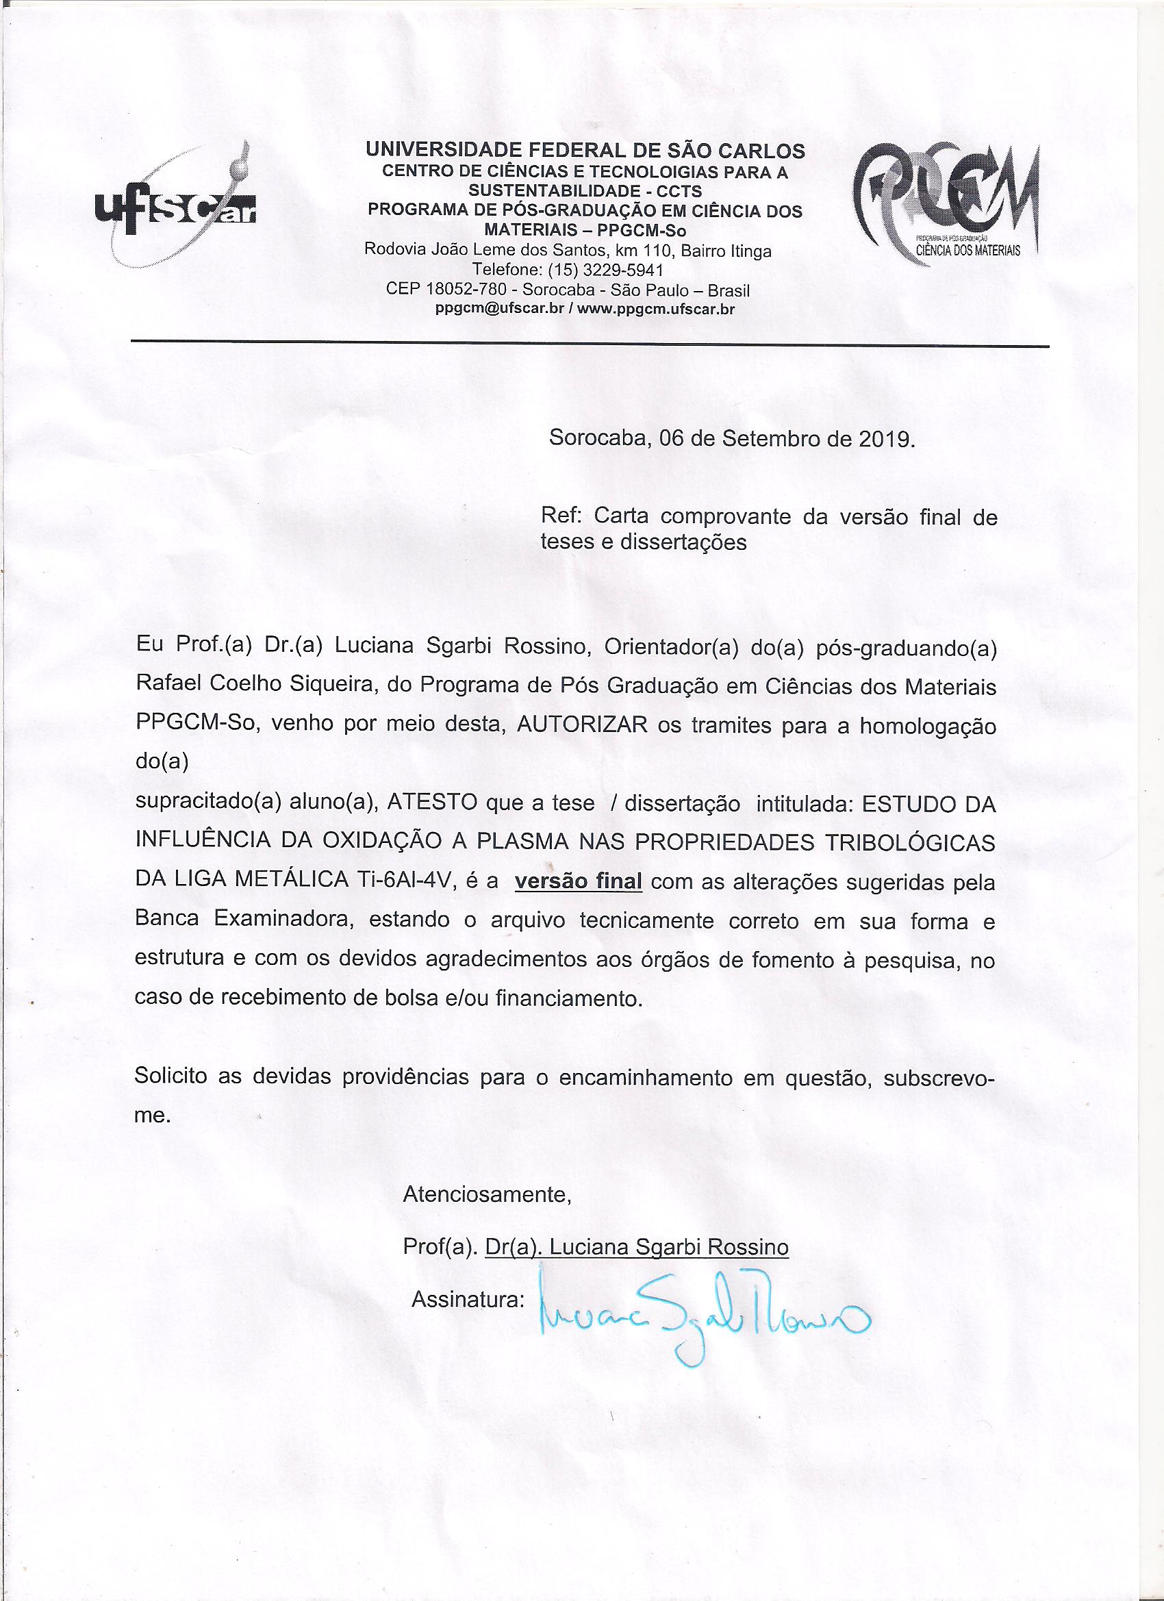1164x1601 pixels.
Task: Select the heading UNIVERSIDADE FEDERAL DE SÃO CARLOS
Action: coord(585,151)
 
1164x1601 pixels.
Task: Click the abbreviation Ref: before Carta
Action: coord(561,516)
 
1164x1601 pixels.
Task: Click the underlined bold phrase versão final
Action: coord(578,882)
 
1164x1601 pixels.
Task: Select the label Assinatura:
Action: coord(467,1299)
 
